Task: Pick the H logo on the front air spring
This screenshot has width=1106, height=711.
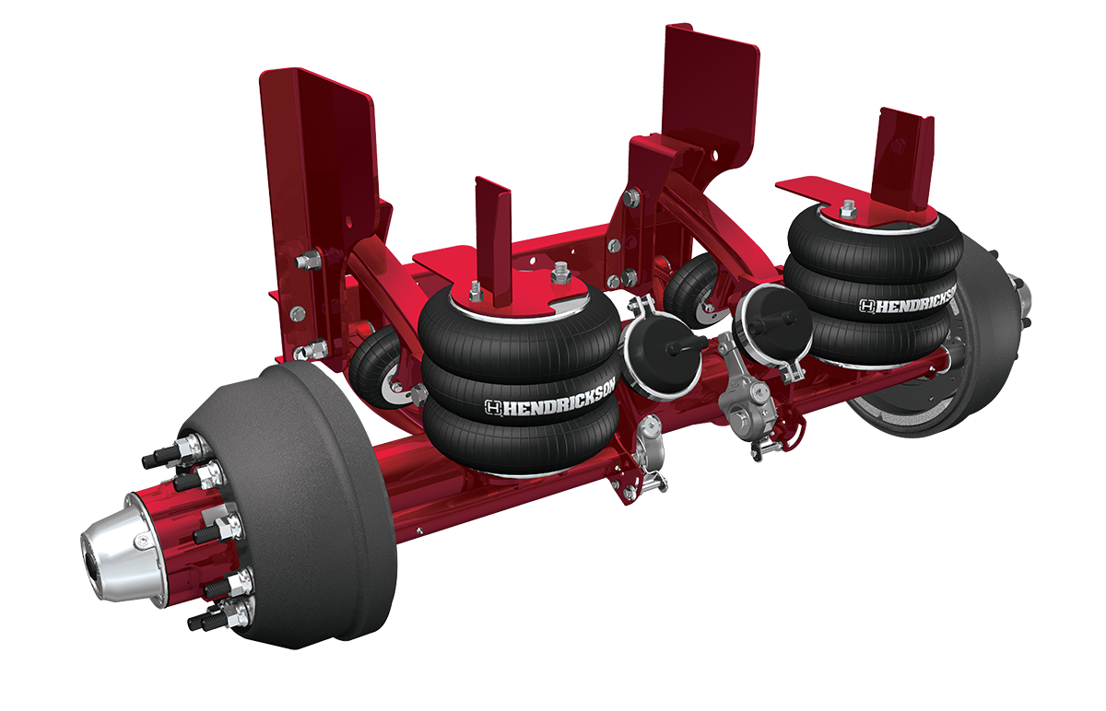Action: click(x=493, y=407)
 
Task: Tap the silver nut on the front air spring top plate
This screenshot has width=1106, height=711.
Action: click(x=559, y=274)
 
